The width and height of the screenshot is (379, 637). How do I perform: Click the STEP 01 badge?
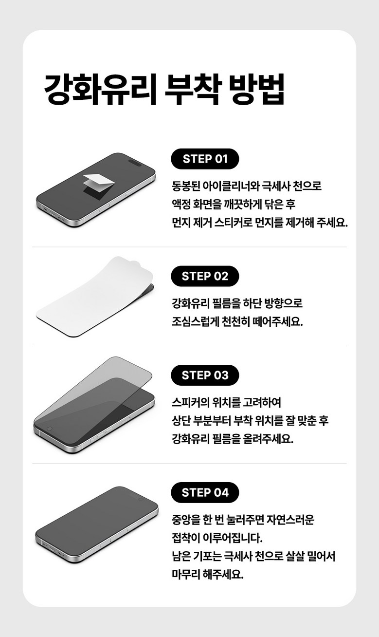(205, 159)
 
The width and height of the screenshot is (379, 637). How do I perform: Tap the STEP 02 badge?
(205, 276)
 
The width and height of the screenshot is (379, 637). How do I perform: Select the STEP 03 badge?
(205, 375)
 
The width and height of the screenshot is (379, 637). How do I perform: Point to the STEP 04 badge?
(205, 492)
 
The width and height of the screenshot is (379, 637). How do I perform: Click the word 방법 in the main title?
(257, 89)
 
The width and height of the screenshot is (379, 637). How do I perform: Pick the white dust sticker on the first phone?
(99, 181)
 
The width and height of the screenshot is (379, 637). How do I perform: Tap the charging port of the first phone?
(53, 213)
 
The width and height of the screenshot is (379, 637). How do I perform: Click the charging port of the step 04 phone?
(52, 548)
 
